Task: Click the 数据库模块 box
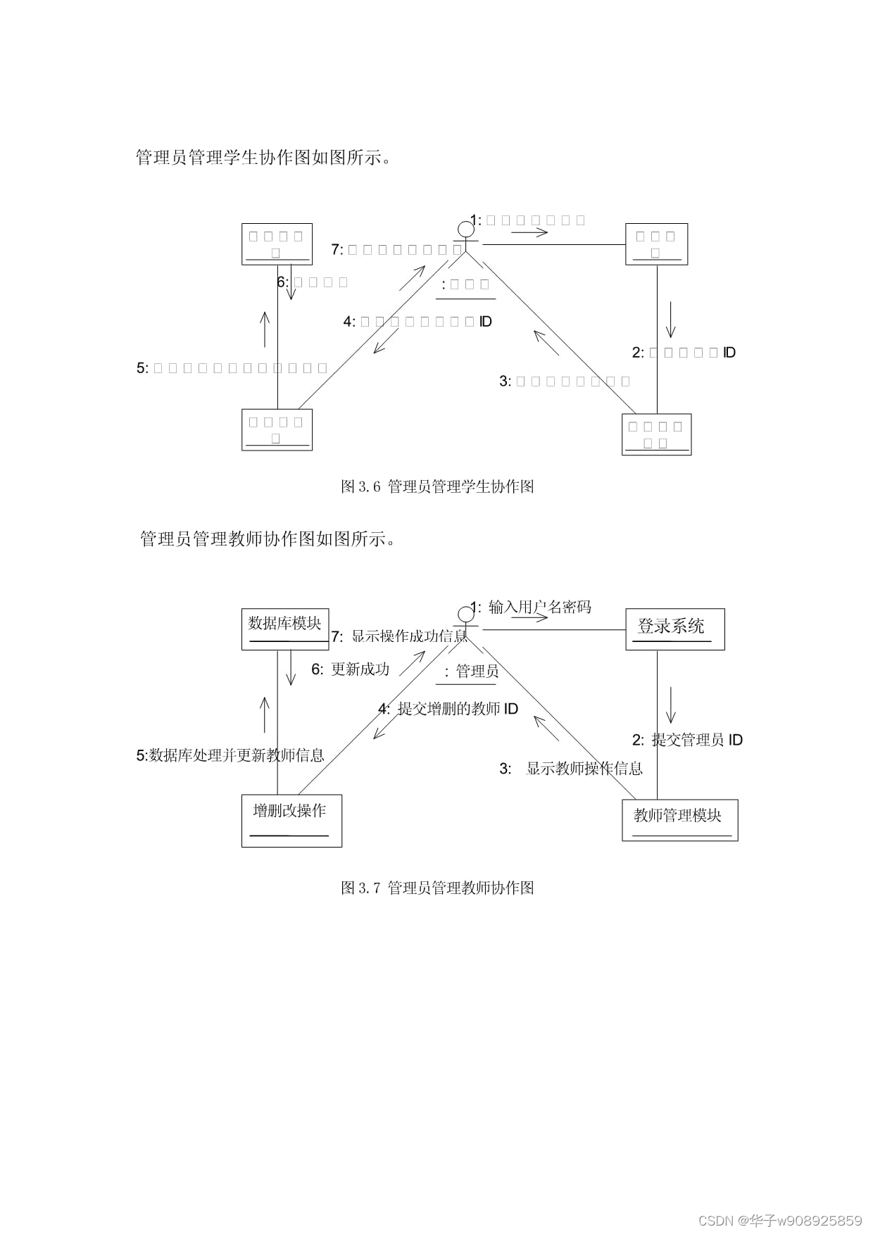tap(285, 629)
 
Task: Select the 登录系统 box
tap(674, 629)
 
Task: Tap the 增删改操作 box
tap(291, 820)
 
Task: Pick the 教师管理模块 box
tap(679, 819)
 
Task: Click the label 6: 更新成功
tap(351, 669)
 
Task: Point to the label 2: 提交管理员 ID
tap(687, 740)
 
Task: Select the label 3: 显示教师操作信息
tap(571, 769)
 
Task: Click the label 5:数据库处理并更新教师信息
tap(230, 755)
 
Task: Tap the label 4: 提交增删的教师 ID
tap(448, 709)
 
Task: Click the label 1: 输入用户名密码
tap(532, 607)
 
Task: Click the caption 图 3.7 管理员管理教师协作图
tap(437, 888)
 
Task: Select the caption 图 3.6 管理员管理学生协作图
tap(437, 486)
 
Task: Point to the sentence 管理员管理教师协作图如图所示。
tap(268, 539)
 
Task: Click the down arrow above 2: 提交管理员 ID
tap(670, 705)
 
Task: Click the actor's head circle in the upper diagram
tap(465, 229)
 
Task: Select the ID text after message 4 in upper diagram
tap(486, 322)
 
